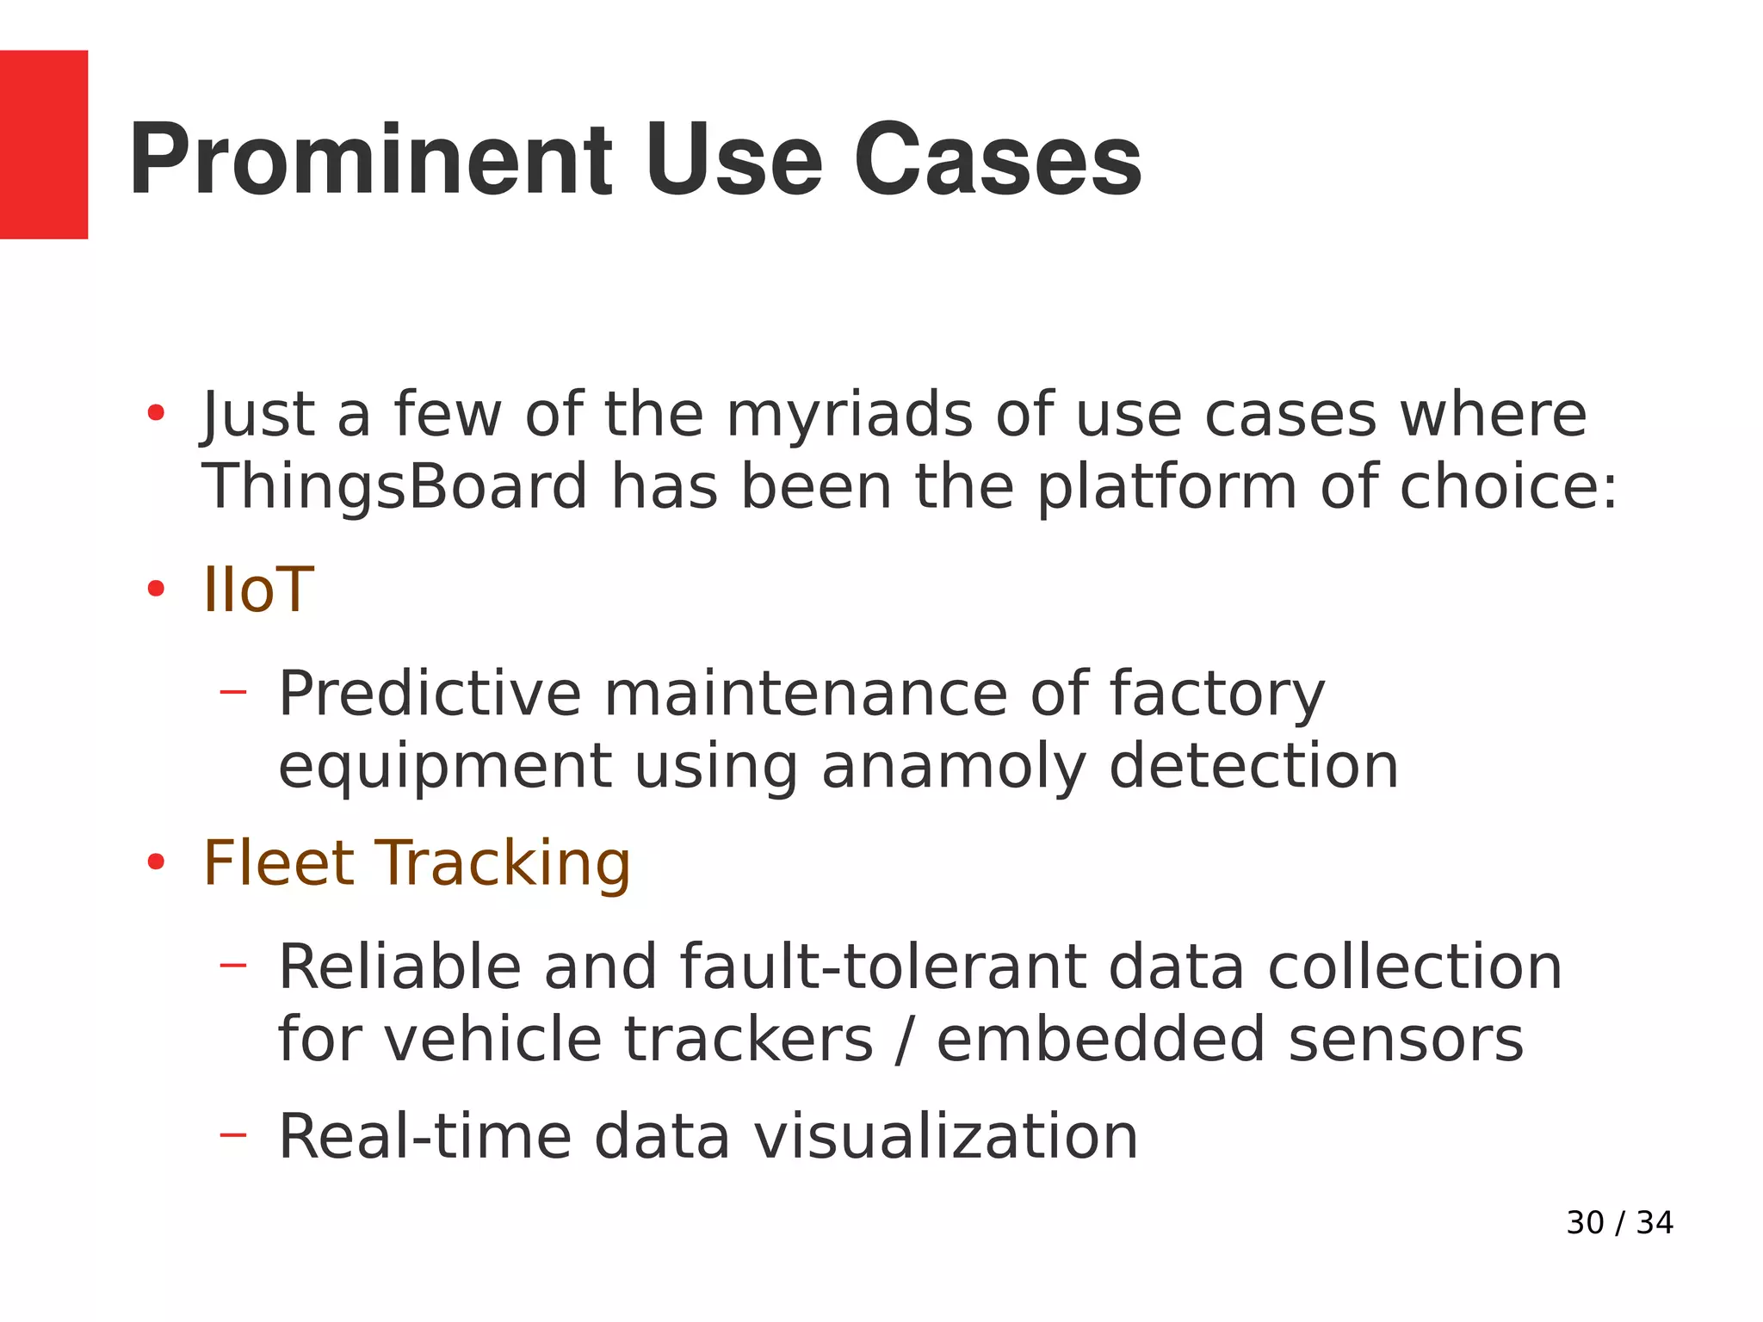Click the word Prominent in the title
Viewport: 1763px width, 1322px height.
tap(370, 160)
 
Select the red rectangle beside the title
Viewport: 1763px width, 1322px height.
tap(44, 145)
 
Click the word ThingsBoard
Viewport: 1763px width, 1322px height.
tap(394, 487)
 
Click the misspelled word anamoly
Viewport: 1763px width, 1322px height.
tap(954, 766)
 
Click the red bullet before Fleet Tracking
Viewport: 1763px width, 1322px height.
tap(156, 862)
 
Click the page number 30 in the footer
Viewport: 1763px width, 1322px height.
tap(1585, 1223)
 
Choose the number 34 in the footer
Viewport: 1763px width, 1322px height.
tap(1655, 1223)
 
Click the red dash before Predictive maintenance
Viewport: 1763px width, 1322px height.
tap(232, 692)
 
